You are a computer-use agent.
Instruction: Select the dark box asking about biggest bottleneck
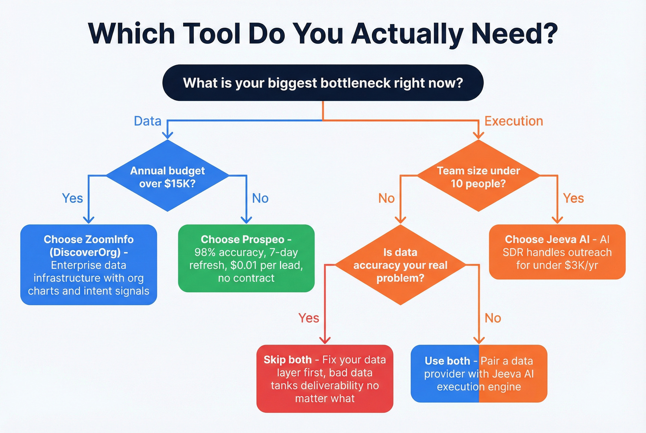point(323,83)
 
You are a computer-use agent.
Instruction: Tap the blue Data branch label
point(147,121)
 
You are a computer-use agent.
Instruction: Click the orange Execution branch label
point(513,121)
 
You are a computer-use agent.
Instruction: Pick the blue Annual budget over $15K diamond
point(167,177)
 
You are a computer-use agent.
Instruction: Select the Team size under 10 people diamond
point(478,177)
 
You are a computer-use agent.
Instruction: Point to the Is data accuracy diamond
point(400,265)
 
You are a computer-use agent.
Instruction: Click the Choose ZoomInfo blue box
point(89,265)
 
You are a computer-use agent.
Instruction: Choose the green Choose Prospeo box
point(246,258)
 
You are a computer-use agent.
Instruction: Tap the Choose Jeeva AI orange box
point(557,252)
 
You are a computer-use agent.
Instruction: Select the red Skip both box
point(324,379)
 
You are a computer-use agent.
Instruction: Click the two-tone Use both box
point(479,374)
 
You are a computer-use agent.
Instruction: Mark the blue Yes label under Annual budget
point(72,198)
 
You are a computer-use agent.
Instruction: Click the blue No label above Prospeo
point(260,198)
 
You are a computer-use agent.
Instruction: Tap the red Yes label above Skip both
point(308,318)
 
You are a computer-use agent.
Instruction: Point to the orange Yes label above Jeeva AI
point(573,198)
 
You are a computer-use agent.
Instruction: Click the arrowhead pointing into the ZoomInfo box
point(89,220)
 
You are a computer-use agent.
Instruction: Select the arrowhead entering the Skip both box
point(325,340)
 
